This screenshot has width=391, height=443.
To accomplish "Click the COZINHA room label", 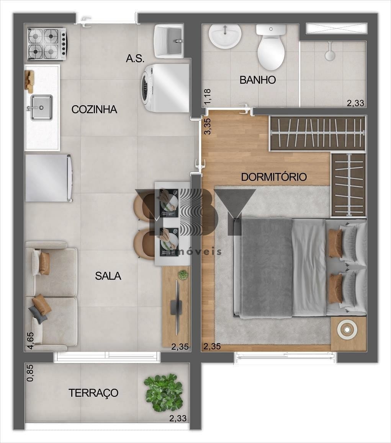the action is click(94, 109).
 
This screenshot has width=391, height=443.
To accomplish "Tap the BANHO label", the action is click(257, 80).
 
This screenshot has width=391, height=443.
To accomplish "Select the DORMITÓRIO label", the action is click(274, 177).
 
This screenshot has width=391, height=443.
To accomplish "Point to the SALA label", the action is click(108, 276).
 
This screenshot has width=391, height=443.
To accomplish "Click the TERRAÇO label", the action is click(93, 393).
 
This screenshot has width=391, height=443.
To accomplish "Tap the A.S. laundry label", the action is click(135, 59).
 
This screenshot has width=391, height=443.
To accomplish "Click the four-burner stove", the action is click(47, 44).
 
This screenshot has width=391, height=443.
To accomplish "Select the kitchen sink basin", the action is click(42, 107).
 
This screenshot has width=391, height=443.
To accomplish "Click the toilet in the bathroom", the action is click(271, 47).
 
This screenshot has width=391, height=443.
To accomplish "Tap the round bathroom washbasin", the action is click(225, 36).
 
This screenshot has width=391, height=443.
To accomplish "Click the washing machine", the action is click(165, 88).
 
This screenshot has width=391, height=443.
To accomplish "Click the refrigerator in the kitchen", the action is click(49, 178).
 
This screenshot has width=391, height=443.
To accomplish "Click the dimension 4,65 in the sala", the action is click(31, 341).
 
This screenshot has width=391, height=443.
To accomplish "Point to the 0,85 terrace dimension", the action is click(30, 373).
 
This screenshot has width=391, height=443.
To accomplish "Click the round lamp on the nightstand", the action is click(347, 329).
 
